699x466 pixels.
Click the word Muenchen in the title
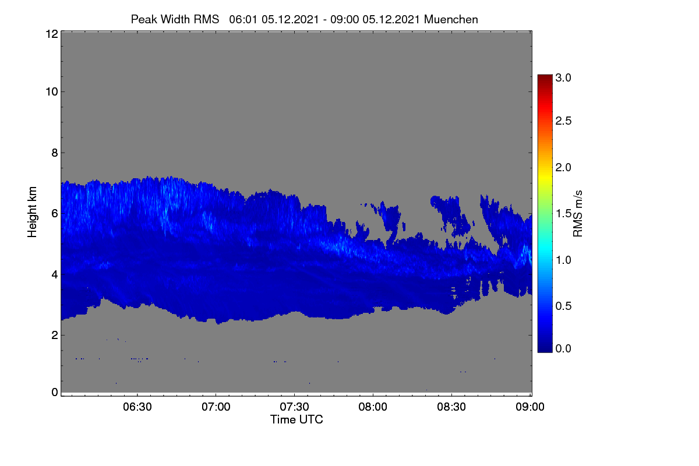[x=451, y=20]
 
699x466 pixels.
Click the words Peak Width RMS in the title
[x=175, y=20]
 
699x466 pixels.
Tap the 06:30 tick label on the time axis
[x=137, y=407]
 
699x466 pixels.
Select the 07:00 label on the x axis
[x=216, y=407]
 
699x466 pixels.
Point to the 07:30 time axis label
[x=294, y=407]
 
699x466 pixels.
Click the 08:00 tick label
[x=373, y=407]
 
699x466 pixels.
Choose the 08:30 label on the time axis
[x=451, y=407]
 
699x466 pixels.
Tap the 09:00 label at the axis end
[x=530, y=407]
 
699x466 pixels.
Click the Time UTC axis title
[x=296, y=420]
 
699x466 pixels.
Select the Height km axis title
[x=32, y=212]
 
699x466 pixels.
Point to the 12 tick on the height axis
[x=52, y=34]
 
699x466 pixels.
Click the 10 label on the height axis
[x=52, y=92]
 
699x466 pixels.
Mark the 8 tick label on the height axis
[x=55, y=153]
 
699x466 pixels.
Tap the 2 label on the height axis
[x=55, y=336]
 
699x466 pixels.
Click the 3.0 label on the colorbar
[x=563, y=77]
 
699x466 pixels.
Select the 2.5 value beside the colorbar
[x=563, y=121]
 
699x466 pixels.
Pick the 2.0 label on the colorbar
[x=563, y=168]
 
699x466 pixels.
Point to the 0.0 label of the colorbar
[x=563, y=349]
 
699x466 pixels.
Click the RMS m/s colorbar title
[x=578, y=214]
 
